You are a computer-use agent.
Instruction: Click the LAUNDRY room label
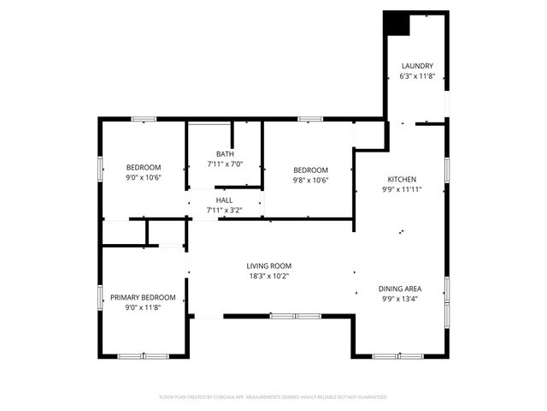[x=418, y=66]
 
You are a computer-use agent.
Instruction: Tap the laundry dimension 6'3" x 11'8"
[x=418, y=76]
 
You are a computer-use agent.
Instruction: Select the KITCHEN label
[x=400, y=179]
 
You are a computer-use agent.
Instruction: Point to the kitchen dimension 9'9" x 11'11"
[x=400, y=189]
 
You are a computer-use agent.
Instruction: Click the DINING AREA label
[x=400, y=289]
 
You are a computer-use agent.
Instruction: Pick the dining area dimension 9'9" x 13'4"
[x=400, y=299]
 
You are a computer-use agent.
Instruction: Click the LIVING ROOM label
[x=269, y=265]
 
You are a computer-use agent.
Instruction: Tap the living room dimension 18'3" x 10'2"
[x=269, y=276]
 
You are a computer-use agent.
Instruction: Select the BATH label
[x=225, y=154]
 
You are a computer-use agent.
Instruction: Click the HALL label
[x=224, y=200]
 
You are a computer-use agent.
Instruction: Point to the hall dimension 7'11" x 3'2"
[x=224, y=210]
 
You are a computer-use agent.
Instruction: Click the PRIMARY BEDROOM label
[x=143, y=297]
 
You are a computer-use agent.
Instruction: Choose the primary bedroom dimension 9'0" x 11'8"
[x=143, y=307]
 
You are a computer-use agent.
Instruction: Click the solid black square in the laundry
[x=397, y=24]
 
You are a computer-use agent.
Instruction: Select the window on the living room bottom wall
[x=282, y=317]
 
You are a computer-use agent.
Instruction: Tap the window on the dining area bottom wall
[x=397, y=355]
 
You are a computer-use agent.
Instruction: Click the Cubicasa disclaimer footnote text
[x=273, y=397]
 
